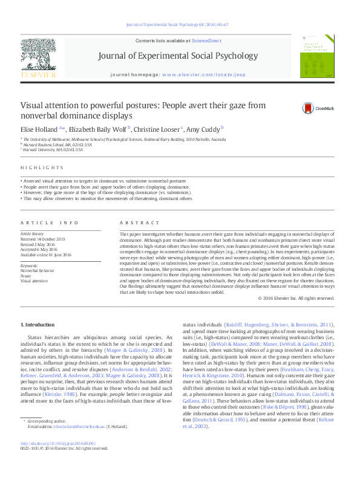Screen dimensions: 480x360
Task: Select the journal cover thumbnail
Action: (x=317, y=55)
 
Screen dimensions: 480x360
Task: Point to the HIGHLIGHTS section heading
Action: (x=42, y=167)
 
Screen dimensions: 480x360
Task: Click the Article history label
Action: (x=33, y=233)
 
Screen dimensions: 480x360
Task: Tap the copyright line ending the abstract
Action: (x=296, y=298)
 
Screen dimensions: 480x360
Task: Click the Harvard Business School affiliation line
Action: (x=57, y=144)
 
